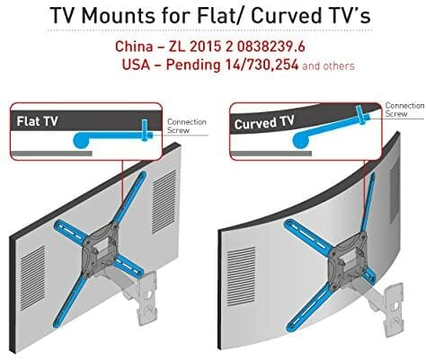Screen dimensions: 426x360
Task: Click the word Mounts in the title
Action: pyautogui.click(x=119, y=15)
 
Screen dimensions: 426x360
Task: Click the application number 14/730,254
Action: pyautogui.click(x=262, y=64)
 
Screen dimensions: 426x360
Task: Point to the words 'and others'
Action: pyautogui.click(x=328, y=66)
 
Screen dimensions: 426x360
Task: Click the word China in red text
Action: pyautogui.click(x=134, y=47)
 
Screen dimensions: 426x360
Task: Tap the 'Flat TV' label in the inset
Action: pyautogui.click(x=37, y=121)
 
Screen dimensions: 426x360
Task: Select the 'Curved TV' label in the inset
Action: pyautogui.click(x=264, y=123)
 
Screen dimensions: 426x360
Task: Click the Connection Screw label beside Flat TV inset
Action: pyautogui.click(x=186, y=126)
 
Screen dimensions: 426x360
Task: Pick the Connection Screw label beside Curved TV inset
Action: pyautogui.click(x=405, y=110)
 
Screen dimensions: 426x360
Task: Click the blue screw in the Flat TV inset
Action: pyautogui.click(x=146, y=130)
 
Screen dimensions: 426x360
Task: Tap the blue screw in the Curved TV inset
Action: pyautogui.click(x=361, y=115)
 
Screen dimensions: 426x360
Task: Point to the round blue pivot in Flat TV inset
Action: pyautogui.click(x=81, y=141)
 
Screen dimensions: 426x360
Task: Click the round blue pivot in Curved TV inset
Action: pyautogui.click(x=300, y=140)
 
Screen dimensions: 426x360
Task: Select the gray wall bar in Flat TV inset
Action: pyautogui.click(x=51, y=154)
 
